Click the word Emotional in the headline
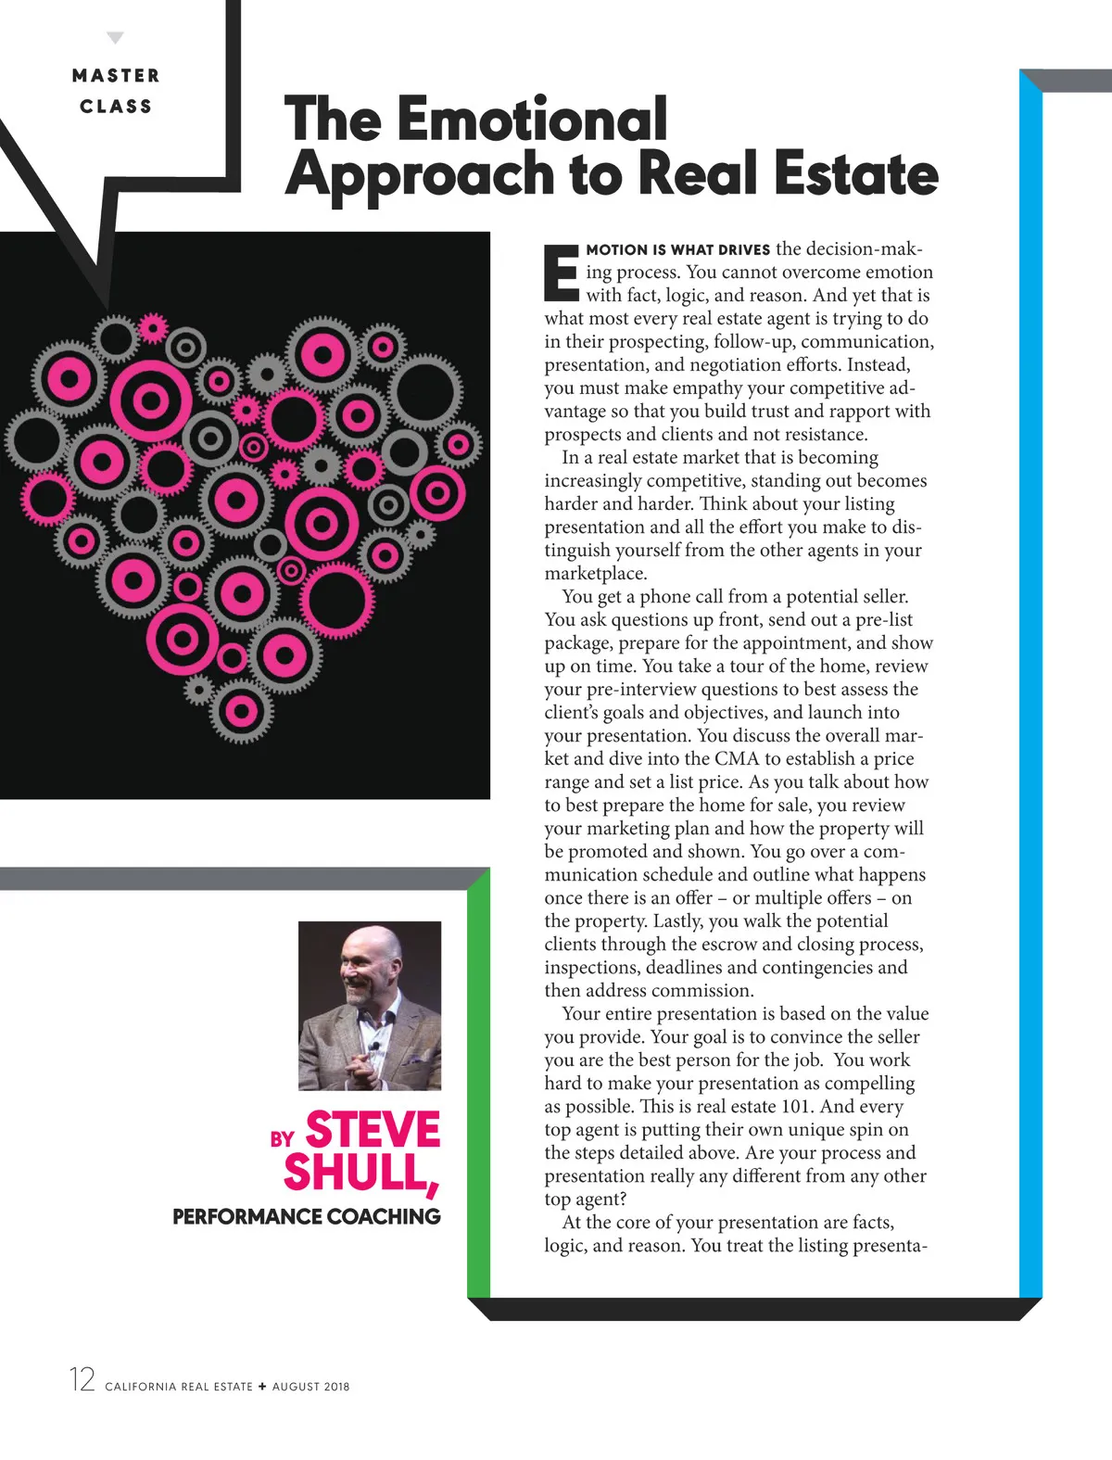[x=531, y=119]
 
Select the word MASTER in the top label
[x=116, y=76]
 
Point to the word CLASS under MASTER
[x=116, y=107]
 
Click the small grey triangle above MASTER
[x=115, y=38]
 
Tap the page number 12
[x=82, y=1379]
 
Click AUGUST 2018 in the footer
[x=310, y=1387]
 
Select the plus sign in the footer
[x=262, y=1387]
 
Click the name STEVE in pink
[x=373, y=1130]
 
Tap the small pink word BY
[x=282, y=1139]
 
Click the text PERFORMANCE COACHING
[x=307, y=1216]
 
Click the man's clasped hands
[x=362, y=1066]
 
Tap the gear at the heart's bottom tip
[x=241, y=712]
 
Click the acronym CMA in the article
[x=737, y=758]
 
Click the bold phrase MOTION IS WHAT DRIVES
[x=677, y=249]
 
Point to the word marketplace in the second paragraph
[x=595, y=573]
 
